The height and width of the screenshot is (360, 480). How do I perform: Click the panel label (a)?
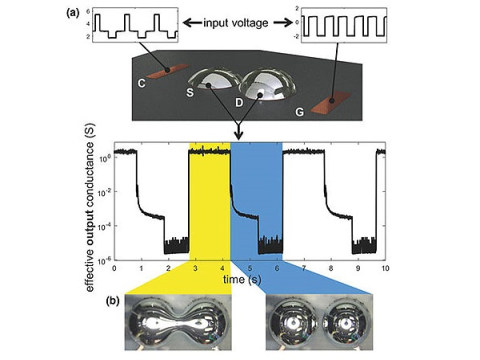coord(72,13)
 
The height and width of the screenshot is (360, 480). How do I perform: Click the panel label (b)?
coord(112,301)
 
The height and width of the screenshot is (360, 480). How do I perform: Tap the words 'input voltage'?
coord(236,23)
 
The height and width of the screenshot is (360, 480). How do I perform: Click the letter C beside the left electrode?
coord(142,83)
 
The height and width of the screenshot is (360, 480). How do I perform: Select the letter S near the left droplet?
coord(190,92)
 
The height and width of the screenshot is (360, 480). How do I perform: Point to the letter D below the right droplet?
coord(239,103)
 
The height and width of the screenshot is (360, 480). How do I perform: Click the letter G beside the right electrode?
coord(300,112)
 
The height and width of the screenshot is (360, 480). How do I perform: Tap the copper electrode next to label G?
coord(330,102)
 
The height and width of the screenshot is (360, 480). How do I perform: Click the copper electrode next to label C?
coord(168,71)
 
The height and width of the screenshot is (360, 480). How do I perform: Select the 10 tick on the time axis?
coord(385,268)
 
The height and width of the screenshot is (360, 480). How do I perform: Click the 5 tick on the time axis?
coord(250,268)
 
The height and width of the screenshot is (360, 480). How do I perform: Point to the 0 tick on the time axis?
coord(114,268)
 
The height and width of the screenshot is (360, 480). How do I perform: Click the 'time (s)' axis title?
coord(242,279)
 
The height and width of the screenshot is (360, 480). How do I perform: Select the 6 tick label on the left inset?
coord(88,11)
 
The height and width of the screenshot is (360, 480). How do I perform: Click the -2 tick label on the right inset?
coord(297,36)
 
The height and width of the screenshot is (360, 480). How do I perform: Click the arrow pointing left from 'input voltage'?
coord(192,23)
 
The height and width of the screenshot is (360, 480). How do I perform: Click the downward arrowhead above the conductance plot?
coord(239,135)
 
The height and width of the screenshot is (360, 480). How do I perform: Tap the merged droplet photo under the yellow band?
coord(178,322)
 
